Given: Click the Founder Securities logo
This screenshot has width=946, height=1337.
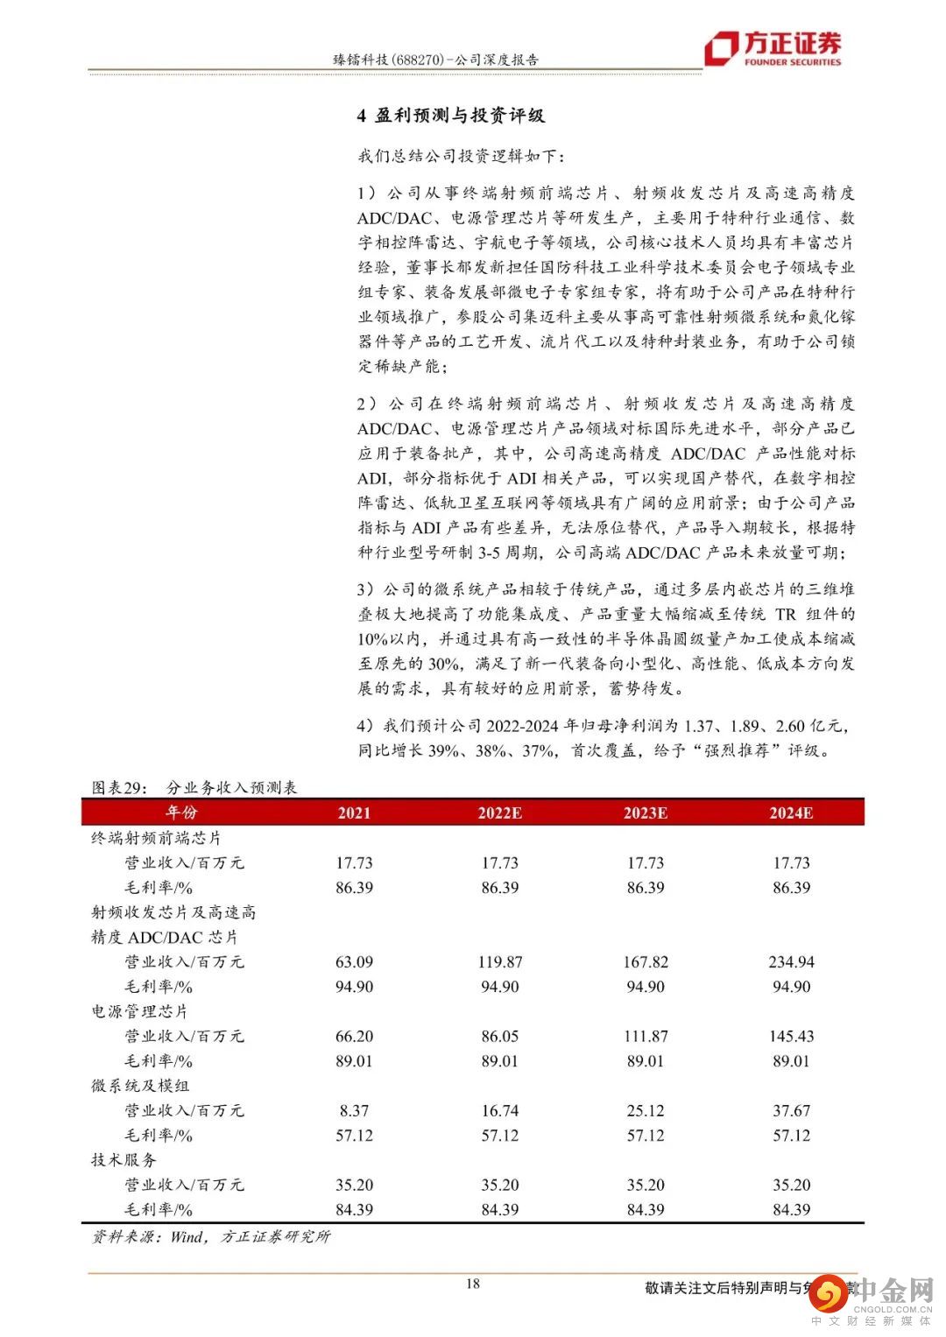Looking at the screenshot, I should (773, 48).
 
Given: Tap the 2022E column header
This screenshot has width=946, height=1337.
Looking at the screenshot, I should (499, 813).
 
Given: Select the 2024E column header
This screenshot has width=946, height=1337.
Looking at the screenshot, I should (791, 813).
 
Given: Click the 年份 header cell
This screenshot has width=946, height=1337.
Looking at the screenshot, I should (182, 813).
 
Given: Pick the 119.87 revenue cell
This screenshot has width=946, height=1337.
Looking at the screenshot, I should (499, 961).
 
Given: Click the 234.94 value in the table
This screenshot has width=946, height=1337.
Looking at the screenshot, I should (791, 961).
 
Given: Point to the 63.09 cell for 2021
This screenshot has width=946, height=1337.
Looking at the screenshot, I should (354, 961).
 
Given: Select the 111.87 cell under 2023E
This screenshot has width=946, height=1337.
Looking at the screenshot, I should (646, 1036).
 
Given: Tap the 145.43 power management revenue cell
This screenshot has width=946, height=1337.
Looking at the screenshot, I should (791, 1036).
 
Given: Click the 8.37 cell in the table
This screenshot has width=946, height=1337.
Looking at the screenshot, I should (354, 1110).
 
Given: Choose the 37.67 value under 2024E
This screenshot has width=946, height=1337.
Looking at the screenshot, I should (791, 1110).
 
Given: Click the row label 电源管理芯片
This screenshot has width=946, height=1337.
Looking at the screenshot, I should (140, 1011).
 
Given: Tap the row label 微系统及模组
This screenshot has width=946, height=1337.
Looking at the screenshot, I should (140, 1086).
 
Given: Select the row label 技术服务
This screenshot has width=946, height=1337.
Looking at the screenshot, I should (124, 1160).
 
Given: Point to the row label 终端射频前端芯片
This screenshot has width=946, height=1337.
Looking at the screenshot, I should (157, 838).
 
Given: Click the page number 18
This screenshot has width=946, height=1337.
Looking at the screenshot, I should (472, 1284).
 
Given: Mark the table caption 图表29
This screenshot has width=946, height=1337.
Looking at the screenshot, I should (123, 787).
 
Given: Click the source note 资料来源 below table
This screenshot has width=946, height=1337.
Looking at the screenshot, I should (211, 1236).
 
